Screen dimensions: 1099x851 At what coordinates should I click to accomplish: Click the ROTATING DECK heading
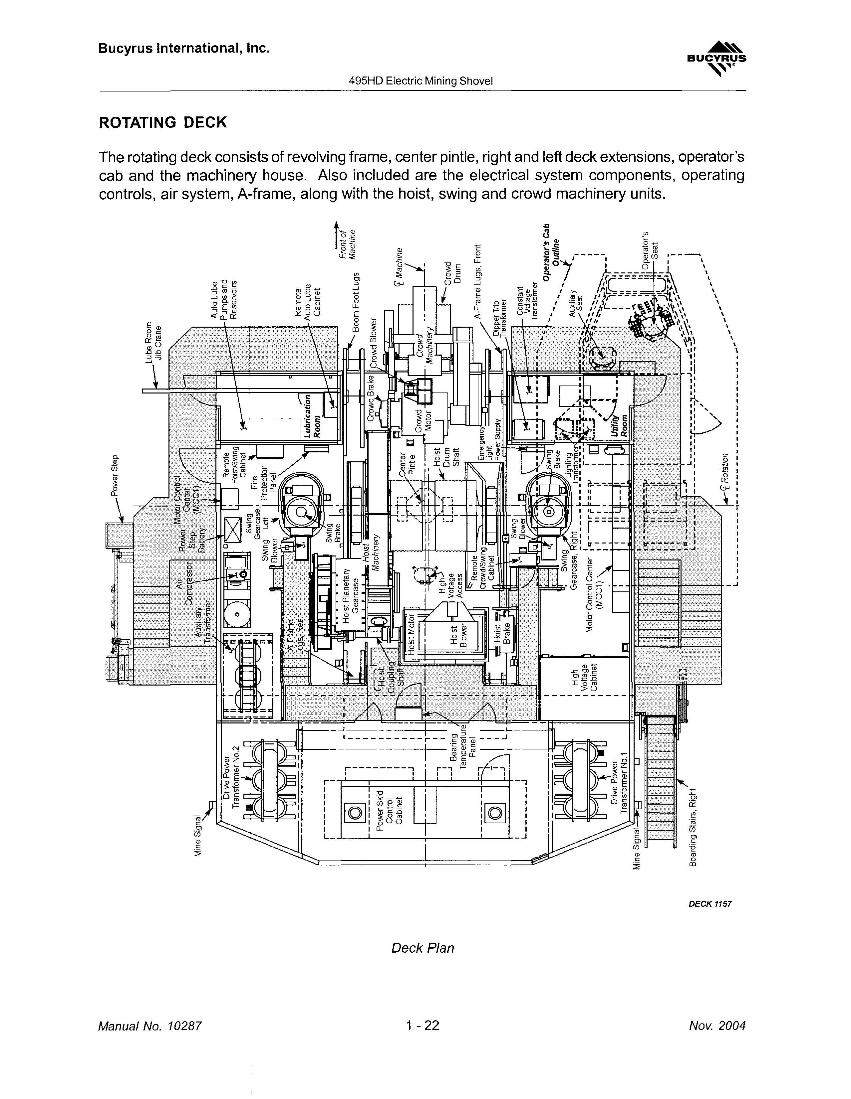pyautogui.click(x=163, y=122)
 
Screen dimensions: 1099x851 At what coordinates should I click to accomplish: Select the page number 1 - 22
pyautogui.click(x=423, y=1025)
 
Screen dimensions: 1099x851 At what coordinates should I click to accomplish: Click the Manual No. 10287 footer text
pyautogui.click(x=149, y=1025)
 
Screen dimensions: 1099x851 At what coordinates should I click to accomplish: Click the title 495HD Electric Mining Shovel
pyautogui.click(x=421, y=80)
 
